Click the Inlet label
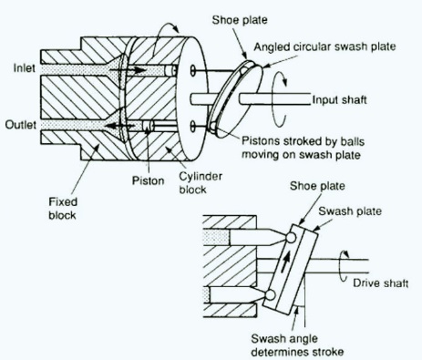[25, 68]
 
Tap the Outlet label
[21, 125]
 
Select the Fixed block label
[63, 209]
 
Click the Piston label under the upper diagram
[148, 180]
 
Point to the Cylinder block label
[201, 183]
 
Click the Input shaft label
[340, 100]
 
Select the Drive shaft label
[380, 283]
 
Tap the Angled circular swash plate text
[324, 46]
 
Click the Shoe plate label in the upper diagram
[240, 20]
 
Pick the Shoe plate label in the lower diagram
[317, 186]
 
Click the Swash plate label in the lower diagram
[350, 211]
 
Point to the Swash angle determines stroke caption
[297, 345]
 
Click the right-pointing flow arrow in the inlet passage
[128, 70]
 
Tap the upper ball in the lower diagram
[291, 238]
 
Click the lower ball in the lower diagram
[270, 294]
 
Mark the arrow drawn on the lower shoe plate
[284, 261]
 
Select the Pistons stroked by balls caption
[303, 148]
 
